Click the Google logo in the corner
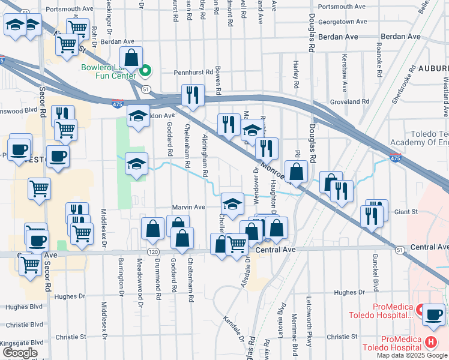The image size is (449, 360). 19,353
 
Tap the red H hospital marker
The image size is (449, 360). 430,343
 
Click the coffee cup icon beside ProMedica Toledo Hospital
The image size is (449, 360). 433,314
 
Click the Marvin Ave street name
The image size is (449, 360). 189,207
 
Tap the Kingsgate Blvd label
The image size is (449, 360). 18,343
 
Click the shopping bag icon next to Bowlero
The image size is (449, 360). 131,58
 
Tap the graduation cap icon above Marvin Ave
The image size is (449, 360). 232,203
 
